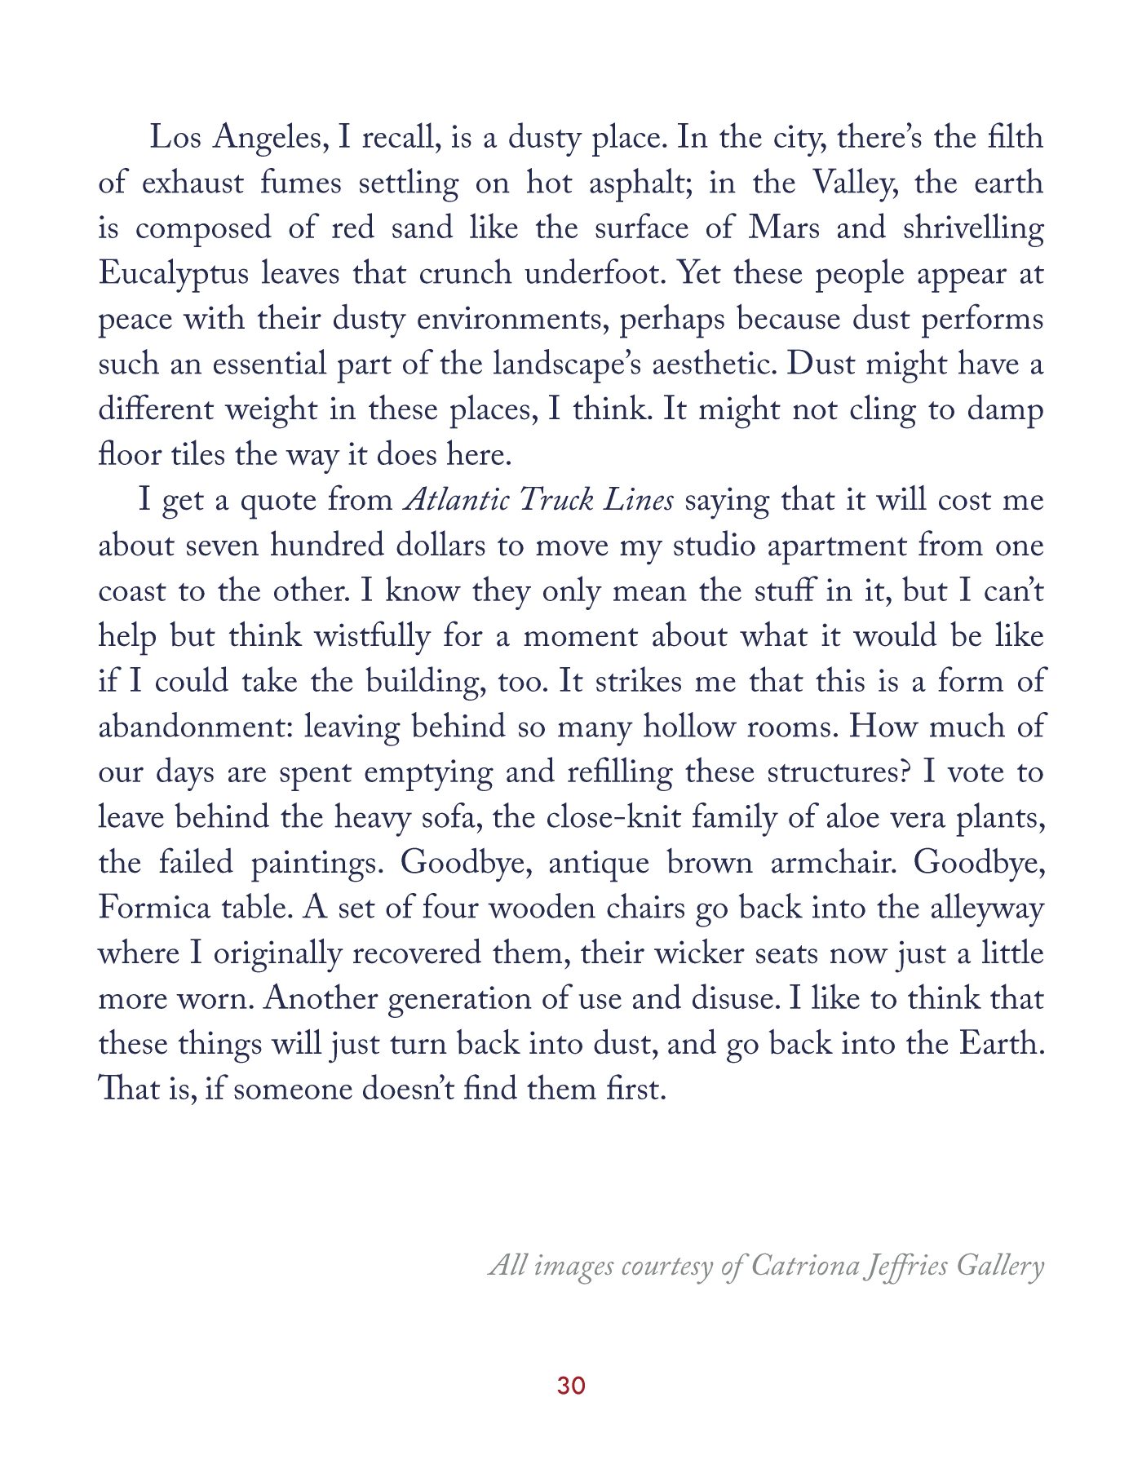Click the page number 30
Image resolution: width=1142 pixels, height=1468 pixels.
point(571,1385)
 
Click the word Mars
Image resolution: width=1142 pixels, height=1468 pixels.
point(784,228)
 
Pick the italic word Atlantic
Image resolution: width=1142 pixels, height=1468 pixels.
point(457,500)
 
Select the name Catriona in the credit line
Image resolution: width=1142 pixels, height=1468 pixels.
point(803,1265)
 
